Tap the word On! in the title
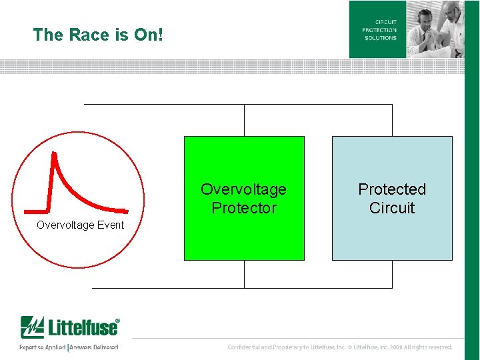[x=148, y=35]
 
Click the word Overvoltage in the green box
[x=243, y=189]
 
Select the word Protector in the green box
[x=243, y=208]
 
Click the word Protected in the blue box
[x=392, y=189]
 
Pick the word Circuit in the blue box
[x=392, y=208]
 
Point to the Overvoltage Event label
[x=80, y=225]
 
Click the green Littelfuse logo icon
[x=31, y=327]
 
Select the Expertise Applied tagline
[x=42, y=347]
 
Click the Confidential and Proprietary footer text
[x=340, y=347]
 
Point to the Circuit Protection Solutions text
[x=379, y=30]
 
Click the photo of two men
[x=435, y=29]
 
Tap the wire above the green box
[x=244, y=120]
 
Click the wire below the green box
[x=244, y=273]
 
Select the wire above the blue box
[x=392, y=120]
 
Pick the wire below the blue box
[x=392, y=273]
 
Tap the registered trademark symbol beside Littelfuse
[x=118, y=321]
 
